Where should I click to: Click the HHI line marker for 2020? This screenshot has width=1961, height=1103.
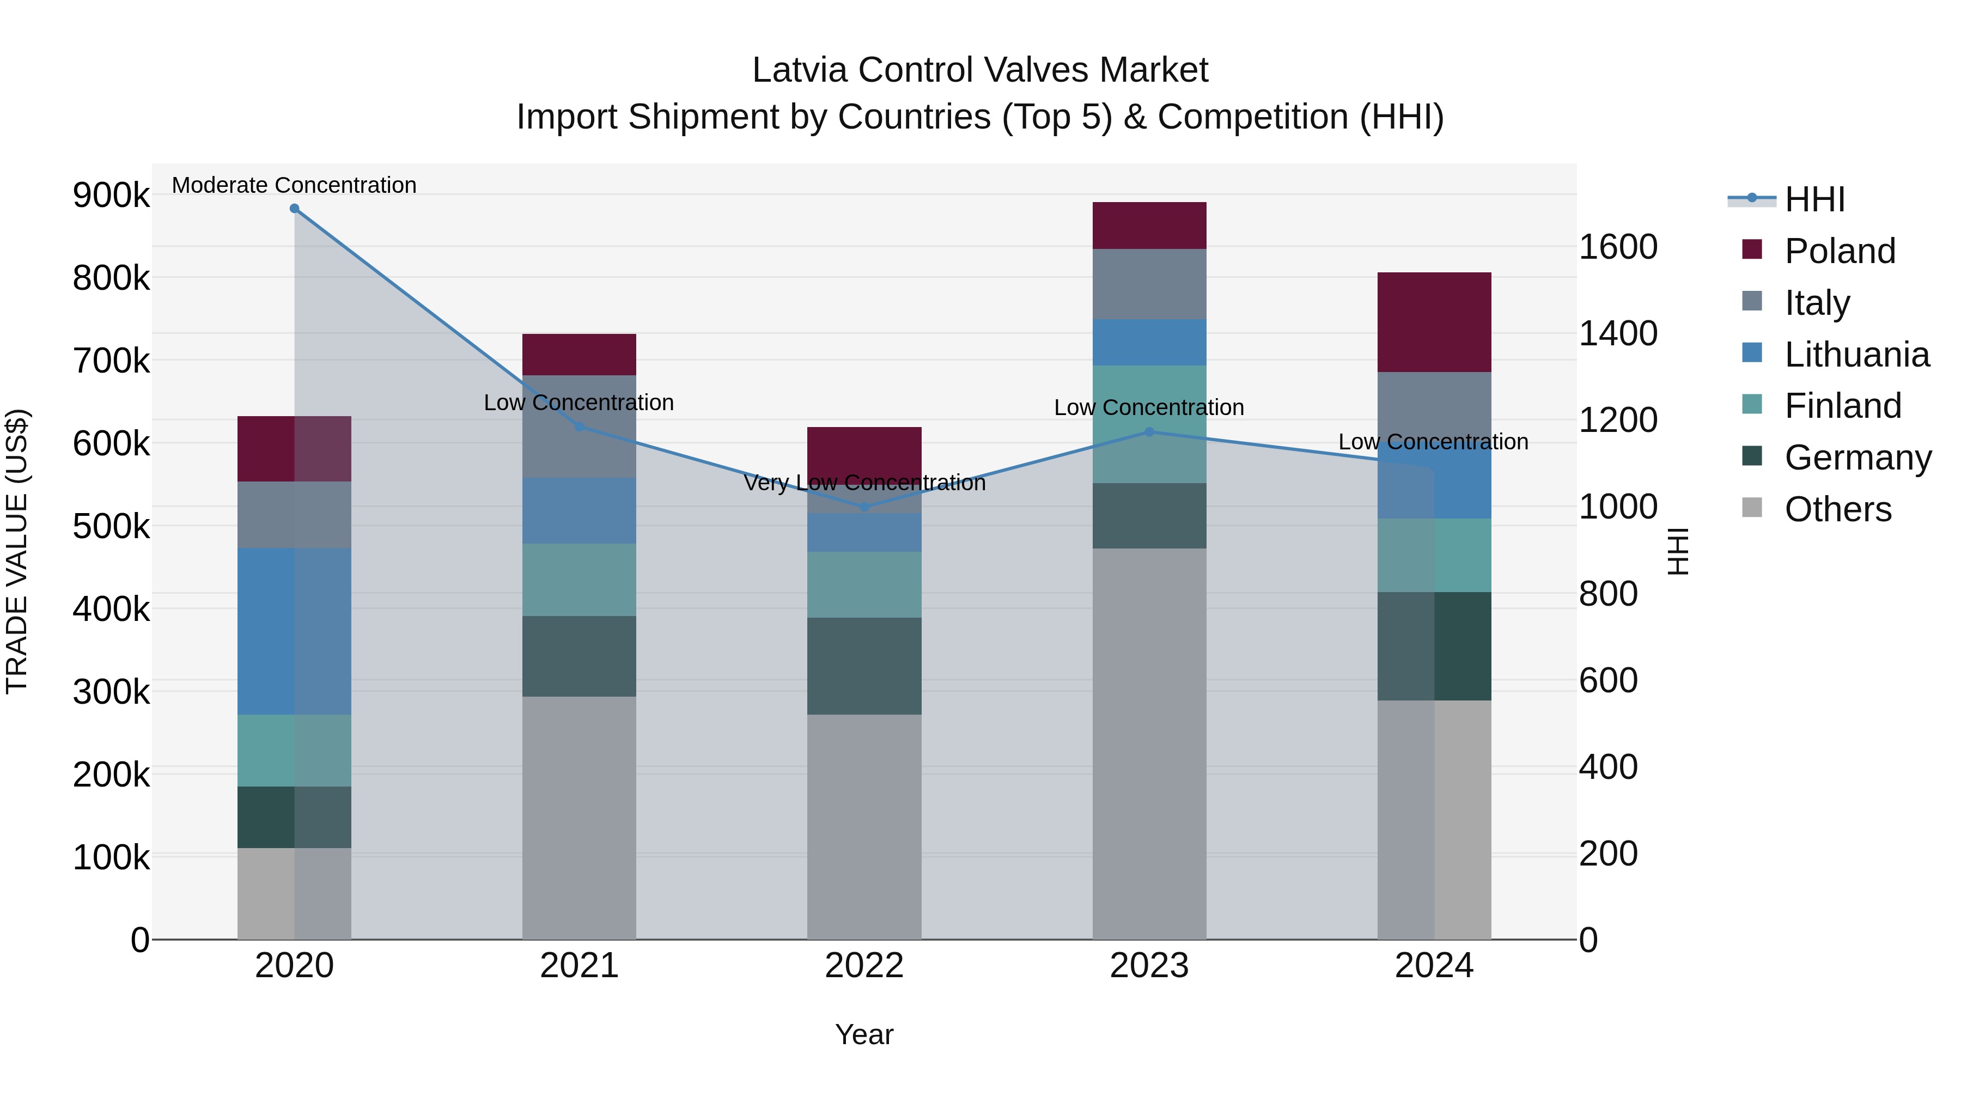coord(295,209)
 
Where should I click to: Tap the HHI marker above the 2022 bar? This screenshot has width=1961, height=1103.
coord(864,507)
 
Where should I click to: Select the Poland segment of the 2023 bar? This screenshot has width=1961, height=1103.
coord(1149,226)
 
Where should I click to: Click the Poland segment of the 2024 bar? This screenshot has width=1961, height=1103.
coord(1434,322)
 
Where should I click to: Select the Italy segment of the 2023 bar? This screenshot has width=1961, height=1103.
coord(1149,284)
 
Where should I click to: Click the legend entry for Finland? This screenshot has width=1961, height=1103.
coord(1842,406)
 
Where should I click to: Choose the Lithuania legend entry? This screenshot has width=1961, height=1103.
coord(1856,355)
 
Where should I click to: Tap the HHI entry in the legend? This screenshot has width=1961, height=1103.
coord(1814,199)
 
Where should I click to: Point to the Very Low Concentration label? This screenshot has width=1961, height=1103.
coord(864,483)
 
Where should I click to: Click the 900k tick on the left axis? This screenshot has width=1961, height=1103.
coord(111,196)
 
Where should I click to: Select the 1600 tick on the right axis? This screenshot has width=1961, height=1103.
coord(1618,247)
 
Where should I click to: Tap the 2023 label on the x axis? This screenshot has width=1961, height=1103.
coord(1149,966)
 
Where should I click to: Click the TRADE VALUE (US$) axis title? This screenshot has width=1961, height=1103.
coord(17,551)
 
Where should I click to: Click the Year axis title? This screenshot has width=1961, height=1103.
coord(864,1034)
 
